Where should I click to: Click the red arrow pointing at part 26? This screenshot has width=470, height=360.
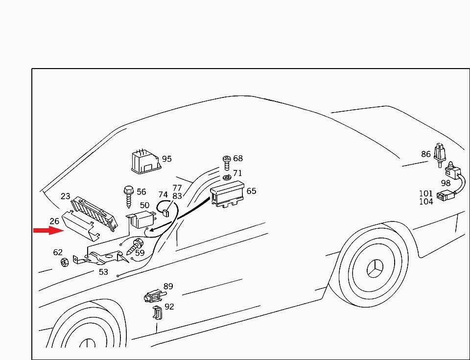point(48,230)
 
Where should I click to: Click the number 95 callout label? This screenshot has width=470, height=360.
point(166,159)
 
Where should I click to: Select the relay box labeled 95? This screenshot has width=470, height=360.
point(145,162)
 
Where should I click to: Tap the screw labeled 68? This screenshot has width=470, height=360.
point(227,162)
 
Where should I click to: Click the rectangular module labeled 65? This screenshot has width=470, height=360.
point(228,193)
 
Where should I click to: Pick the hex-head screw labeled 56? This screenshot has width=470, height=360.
point(129,196)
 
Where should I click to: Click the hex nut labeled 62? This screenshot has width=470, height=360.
point(65,262)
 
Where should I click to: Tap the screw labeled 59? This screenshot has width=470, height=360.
point(135,246)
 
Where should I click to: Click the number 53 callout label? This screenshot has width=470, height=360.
point(103,272)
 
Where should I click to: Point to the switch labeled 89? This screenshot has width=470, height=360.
point(155,296)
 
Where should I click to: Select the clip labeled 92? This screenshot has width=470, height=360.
point(157,313)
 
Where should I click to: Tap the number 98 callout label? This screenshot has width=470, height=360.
point(446,183)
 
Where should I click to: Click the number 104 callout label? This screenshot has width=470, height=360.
point(426,202)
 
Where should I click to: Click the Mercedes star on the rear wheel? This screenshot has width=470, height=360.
point(375,268)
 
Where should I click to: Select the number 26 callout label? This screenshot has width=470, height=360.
point(54,221)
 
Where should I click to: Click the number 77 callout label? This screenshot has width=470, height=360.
point(177,188)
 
